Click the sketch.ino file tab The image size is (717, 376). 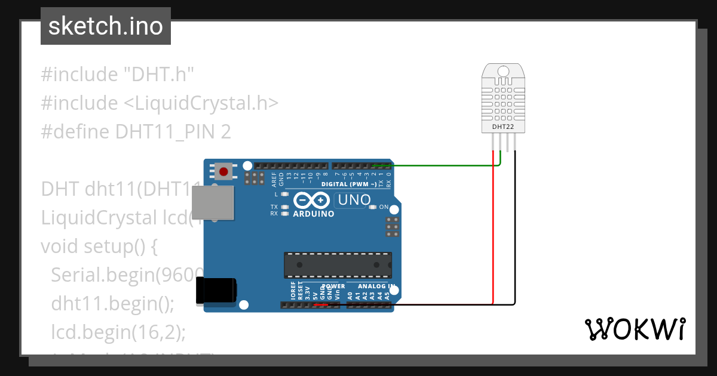tap(105, 26)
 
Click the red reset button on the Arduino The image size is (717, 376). tap(223, 172)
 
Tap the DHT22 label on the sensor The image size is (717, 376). tap(502, 127)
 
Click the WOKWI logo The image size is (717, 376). tap(635, 329)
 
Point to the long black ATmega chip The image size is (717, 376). tap(338, 265)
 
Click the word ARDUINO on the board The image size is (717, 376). tap(313, 214)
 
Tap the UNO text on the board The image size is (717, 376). tap(354, 200)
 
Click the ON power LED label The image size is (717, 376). tap(384, 208)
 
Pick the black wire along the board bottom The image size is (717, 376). tap(454, 305)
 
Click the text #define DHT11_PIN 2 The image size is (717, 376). tap(136, 131)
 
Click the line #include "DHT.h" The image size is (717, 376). tap(118, 75)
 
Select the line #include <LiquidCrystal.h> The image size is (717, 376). tap(160, 103)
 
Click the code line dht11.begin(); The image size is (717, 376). tap(112, 303)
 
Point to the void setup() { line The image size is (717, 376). tap(99, 246)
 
